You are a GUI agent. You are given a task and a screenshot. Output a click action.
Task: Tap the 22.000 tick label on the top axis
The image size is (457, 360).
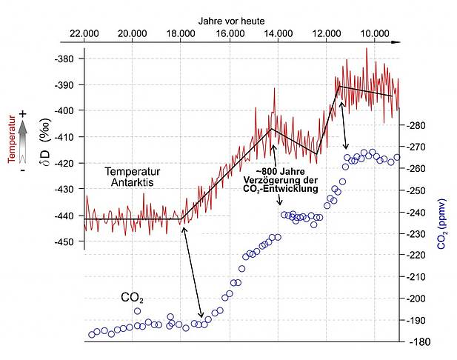click(84, 34)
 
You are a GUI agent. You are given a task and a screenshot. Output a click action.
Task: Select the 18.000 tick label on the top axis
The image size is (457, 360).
click(181, 34)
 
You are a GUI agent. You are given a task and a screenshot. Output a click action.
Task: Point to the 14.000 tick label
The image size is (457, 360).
click(278, 34)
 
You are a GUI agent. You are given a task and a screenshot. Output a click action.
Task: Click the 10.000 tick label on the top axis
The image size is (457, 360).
click(376, 34)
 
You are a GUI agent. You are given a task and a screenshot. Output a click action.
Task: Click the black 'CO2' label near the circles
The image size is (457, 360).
click(132, 299)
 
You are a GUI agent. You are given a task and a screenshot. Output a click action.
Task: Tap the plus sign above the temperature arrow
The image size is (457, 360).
click(23, 113)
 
